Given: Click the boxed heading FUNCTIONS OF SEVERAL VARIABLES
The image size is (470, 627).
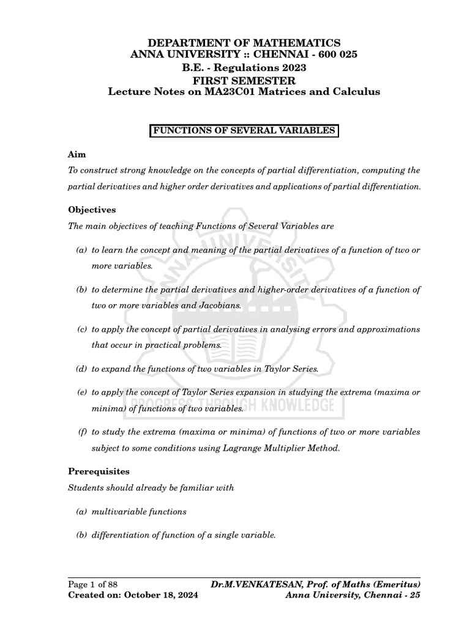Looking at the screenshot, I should click(244, 131).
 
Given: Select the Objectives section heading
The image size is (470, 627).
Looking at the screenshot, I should click(91, 209).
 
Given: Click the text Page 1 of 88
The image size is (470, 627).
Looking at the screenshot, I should click(91, 584).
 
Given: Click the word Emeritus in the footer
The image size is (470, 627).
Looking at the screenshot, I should click(394, 584).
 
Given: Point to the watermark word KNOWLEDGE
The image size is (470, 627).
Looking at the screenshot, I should click(293, 405).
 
